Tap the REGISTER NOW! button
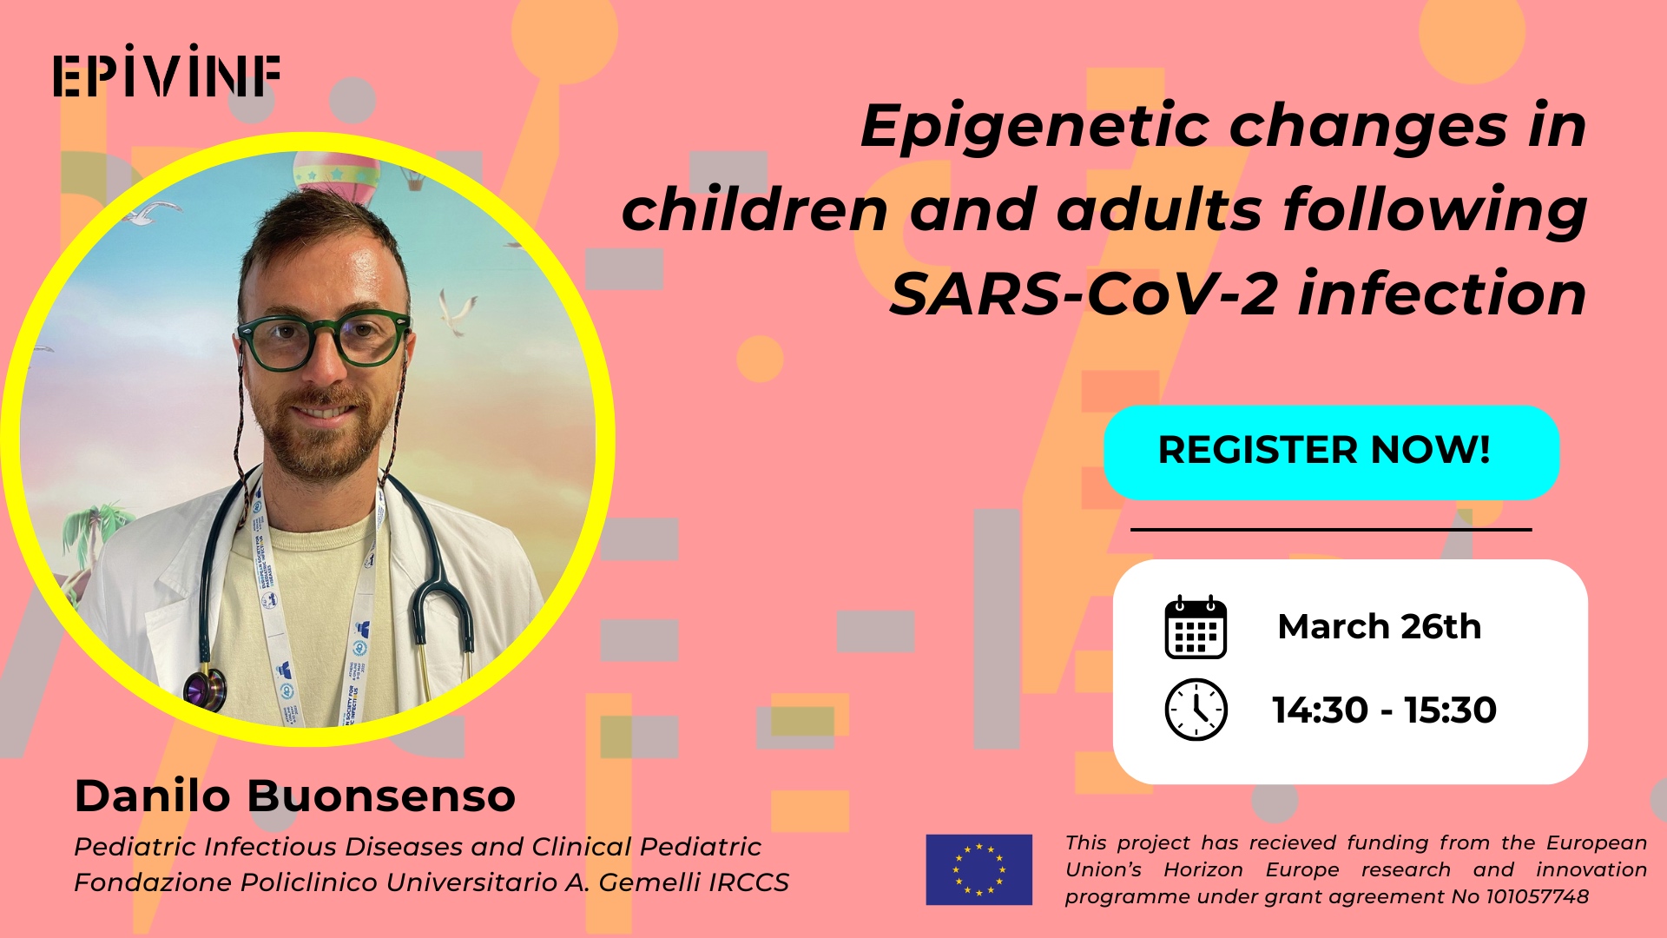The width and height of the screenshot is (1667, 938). click(x=1331, y=452)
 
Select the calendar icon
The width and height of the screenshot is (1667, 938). click(x=1196, y=627)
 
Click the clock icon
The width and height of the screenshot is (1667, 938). click(x=1196, y=710)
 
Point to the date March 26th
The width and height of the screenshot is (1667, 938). click(x=1379, y=626)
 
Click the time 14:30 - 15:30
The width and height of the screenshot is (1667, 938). click(x=1384, y=710)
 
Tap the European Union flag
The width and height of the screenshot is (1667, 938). click(x=978, y=869)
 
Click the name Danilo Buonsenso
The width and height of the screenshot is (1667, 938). click(x=295, y=795)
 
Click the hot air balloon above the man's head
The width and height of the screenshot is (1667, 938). click(x=336, y=178)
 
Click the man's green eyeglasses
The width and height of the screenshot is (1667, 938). click(x=323, y=338)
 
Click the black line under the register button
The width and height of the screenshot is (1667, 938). click(x=1331, y=529)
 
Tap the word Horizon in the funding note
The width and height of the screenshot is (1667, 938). click(x=1203, y=869)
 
